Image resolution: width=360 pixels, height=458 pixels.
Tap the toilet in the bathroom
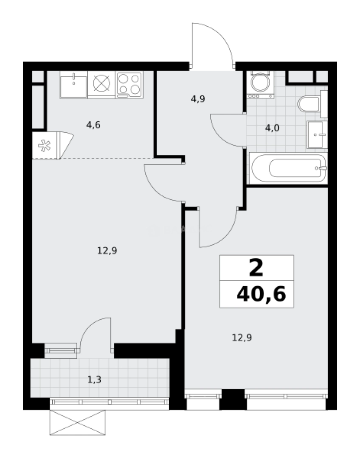click(309, 103)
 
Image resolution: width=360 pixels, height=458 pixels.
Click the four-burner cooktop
click(129, 84)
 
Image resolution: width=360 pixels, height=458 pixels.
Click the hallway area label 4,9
click(198, 99)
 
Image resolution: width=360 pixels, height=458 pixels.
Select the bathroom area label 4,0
click(272, 128)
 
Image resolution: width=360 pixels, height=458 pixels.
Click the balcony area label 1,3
click(94, 380)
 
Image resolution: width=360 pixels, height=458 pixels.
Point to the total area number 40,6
click(261, 293)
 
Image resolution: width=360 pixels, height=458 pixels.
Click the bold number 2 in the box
click(256, 268)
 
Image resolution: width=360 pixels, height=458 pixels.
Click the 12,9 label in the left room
click(107, 250)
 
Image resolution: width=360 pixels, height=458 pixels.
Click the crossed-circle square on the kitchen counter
click(101, 84)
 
